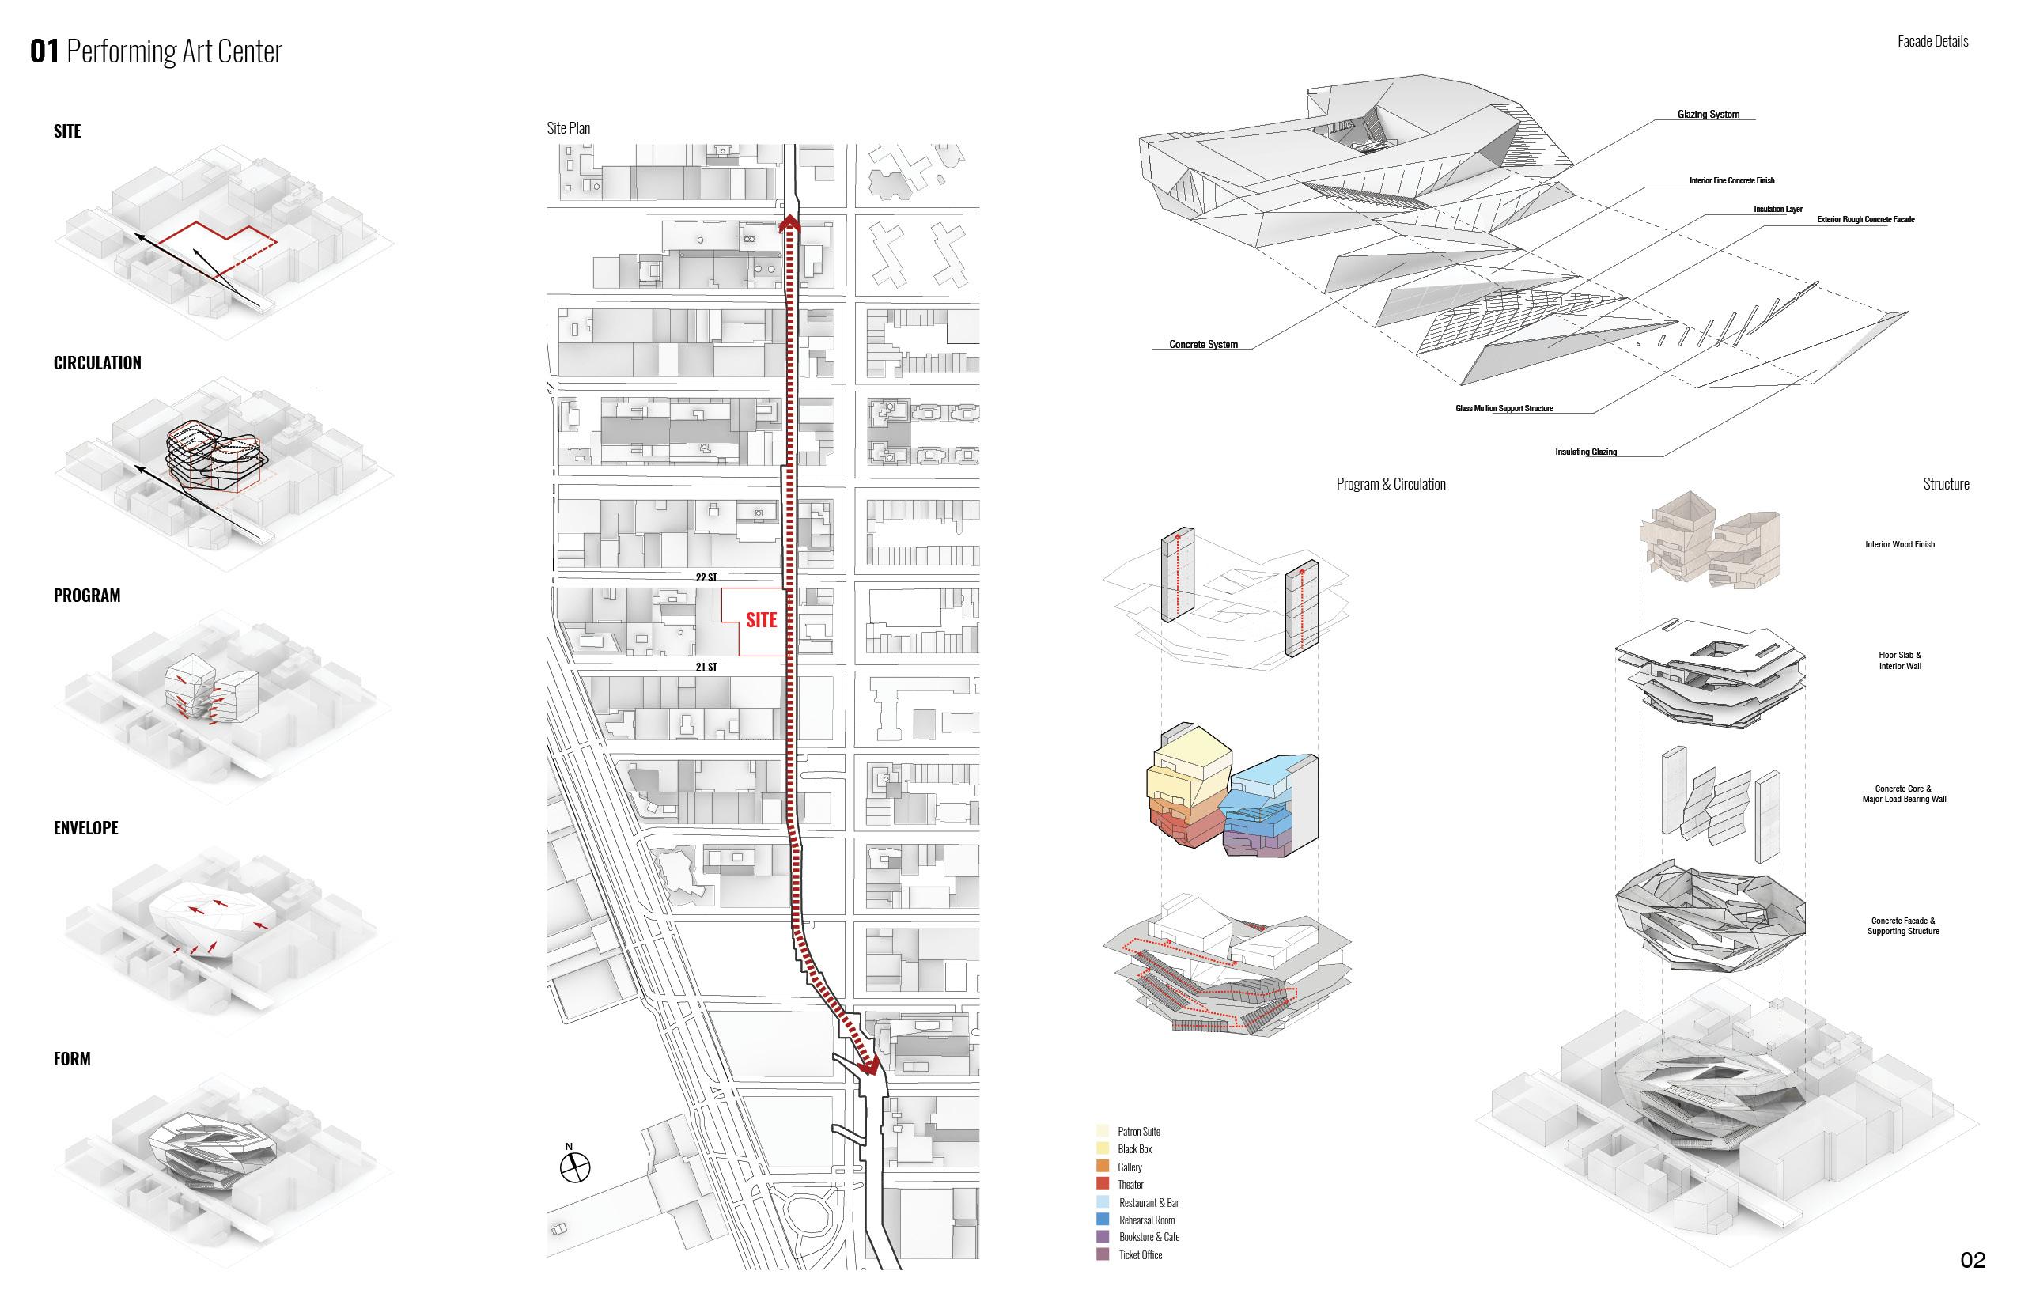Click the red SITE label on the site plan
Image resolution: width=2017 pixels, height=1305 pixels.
pos(761,619)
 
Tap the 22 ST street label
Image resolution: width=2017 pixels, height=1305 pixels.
pos(706,577)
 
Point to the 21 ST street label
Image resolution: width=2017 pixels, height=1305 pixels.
pos(706,667)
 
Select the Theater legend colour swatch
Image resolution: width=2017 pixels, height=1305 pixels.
pos(1103,1184)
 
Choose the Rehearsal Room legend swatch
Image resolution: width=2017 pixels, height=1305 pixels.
pos(1103,1220)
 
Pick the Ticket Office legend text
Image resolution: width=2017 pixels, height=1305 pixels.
pos(1140,1255)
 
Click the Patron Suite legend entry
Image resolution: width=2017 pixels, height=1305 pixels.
pos(1138,1131)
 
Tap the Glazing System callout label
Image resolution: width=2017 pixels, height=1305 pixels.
pos(1708,115)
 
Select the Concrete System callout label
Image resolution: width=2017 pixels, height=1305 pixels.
pos(1202,344)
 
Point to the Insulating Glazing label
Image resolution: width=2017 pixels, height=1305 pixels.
pos(1585,452)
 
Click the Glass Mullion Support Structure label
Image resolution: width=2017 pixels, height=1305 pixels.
pos(1504,408)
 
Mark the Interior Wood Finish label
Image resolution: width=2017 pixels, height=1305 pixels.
pos(1899,544)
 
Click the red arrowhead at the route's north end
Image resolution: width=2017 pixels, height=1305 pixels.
pos(790,223)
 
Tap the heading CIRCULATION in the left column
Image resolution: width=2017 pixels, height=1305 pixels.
pos(97,363)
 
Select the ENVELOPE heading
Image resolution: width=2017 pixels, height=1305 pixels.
pos(85,828)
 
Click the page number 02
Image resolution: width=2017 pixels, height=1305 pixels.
pos(1973,1260)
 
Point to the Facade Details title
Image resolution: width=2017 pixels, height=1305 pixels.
pos(1932,40)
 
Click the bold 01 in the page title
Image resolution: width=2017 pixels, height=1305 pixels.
pos(44,51)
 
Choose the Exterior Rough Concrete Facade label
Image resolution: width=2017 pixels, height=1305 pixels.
pos(1865,220)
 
